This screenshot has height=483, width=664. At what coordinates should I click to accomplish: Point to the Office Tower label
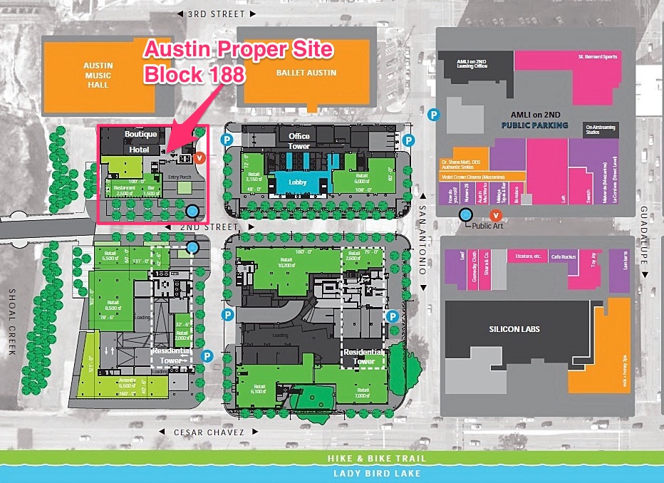299,141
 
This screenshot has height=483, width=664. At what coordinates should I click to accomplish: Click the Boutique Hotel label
140,142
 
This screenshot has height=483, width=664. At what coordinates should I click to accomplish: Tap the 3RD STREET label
216,14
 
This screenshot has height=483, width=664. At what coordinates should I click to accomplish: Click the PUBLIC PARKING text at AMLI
534,125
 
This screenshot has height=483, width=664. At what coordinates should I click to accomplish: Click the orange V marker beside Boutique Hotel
200,158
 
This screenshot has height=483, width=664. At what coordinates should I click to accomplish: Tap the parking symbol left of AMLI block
432,114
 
